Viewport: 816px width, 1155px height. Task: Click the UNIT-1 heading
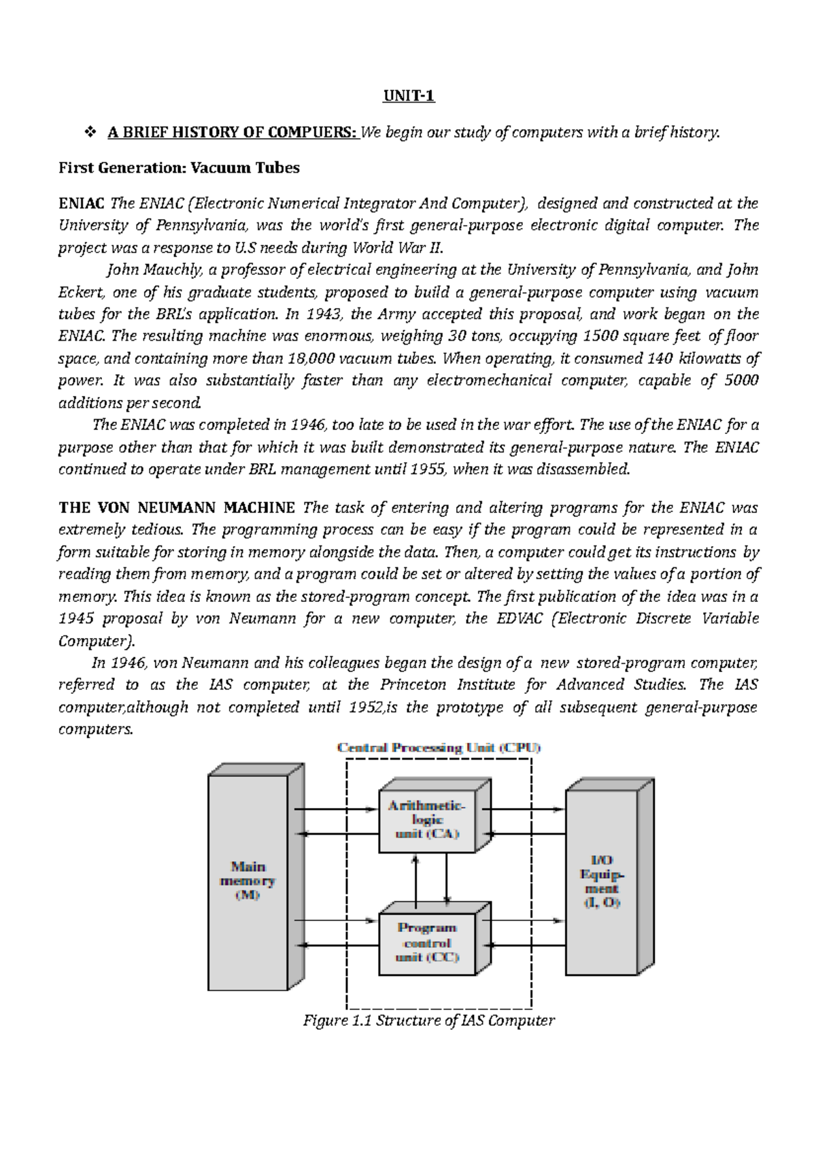407,96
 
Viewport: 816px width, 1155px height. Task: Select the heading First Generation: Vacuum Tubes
179,168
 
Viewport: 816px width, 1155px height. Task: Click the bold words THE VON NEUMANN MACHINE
177,507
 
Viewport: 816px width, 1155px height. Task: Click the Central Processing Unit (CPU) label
439,748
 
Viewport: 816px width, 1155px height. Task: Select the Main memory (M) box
248,881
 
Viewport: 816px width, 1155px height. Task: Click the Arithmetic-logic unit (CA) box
426,819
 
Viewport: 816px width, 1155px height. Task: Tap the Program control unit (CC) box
426,942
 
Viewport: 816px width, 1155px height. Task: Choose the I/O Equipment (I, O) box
601,881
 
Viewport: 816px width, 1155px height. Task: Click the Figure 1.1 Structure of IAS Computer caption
428,1020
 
